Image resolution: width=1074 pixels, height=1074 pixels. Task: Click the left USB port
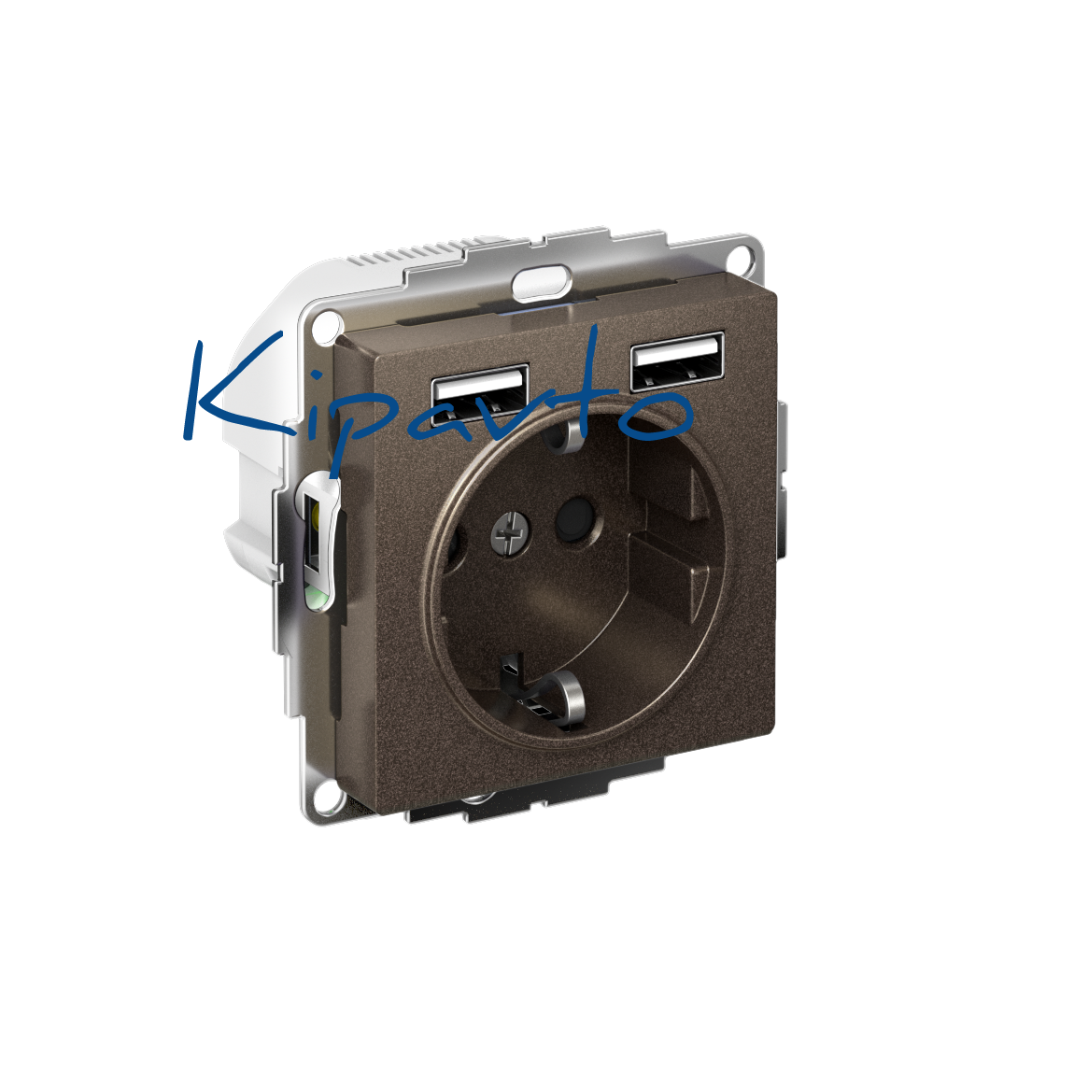tap(479, 394)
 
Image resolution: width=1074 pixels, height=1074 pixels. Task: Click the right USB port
tap(677, 361)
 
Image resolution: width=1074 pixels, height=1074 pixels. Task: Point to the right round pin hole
tap(574, 519)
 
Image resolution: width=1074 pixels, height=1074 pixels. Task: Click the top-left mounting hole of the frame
tap(328, 323)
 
